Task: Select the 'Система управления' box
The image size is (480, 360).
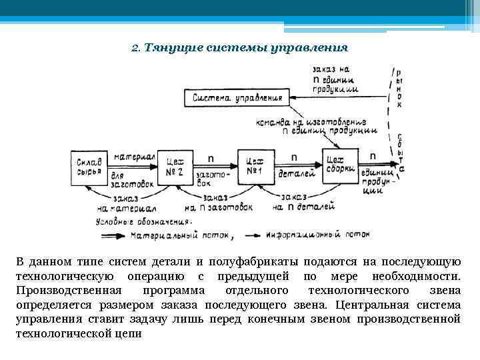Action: click(236, 98)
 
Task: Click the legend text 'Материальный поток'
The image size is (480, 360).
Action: click(181, 235)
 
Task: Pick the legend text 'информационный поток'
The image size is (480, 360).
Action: click(316, 235)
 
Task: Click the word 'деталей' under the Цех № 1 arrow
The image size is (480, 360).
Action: click(293, 173)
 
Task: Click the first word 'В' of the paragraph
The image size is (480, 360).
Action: click(20, 261)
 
